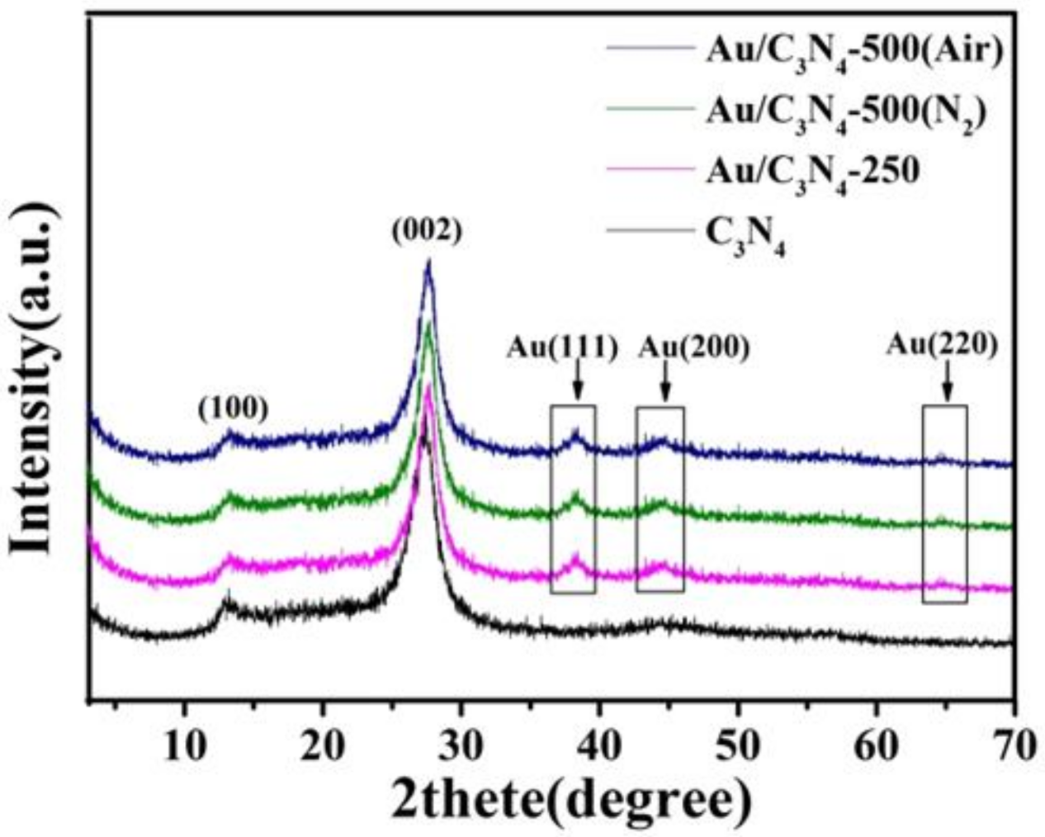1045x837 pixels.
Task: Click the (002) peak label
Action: coord(427,232)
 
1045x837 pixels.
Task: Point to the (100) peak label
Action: coord(233,407)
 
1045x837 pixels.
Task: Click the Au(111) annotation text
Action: coord(561,348)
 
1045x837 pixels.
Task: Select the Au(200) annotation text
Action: coord(693,348)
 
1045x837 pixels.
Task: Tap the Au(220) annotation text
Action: coord(942,344)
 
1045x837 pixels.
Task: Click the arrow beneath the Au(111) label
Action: coord(577,384)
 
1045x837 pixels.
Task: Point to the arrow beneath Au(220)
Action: coord(946,383)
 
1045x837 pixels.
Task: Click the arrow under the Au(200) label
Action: coord(665,384)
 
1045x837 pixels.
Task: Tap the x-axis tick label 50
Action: coord(737,746)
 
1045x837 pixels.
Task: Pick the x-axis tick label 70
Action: coord(1012,746)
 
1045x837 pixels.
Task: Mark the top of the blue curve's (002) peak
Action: coord(428,262)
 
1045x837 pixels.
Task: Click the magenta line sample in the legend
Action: coord(649,170)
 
